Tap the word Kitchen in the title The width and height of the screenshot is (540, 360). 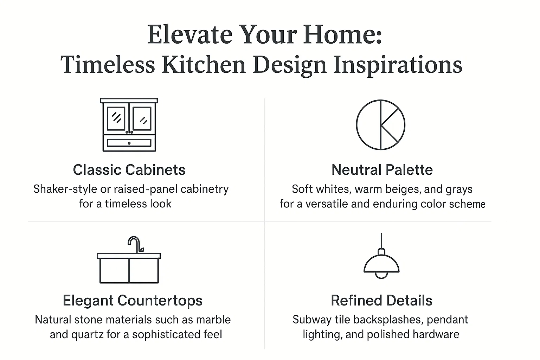pos(204,65)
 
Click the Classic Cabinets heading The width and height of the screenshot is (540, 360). pos(129,170)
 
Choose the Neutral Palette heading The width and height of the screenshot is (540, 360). pos(382,170)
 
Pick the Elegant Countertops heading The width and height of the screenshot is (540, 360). pos(133,301)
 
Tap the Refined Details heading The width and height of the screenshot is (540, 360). pos(381,301)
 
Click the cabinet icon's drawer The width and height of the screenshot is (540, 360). pos(129,143)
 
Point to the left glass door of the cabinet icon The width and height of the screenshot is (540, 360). pos(116,118)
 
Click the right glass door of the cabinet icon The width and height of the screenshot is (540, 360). pos(142,118)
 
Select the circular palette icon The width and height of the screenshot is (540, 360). pos(380,124)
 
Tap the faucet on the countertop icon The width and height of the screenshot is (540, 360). pos(135,244)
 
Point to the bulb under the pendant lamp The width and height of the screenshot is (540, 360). pos(381,275)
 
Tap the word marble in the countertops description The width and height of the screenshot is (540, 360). pos(213,320)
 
